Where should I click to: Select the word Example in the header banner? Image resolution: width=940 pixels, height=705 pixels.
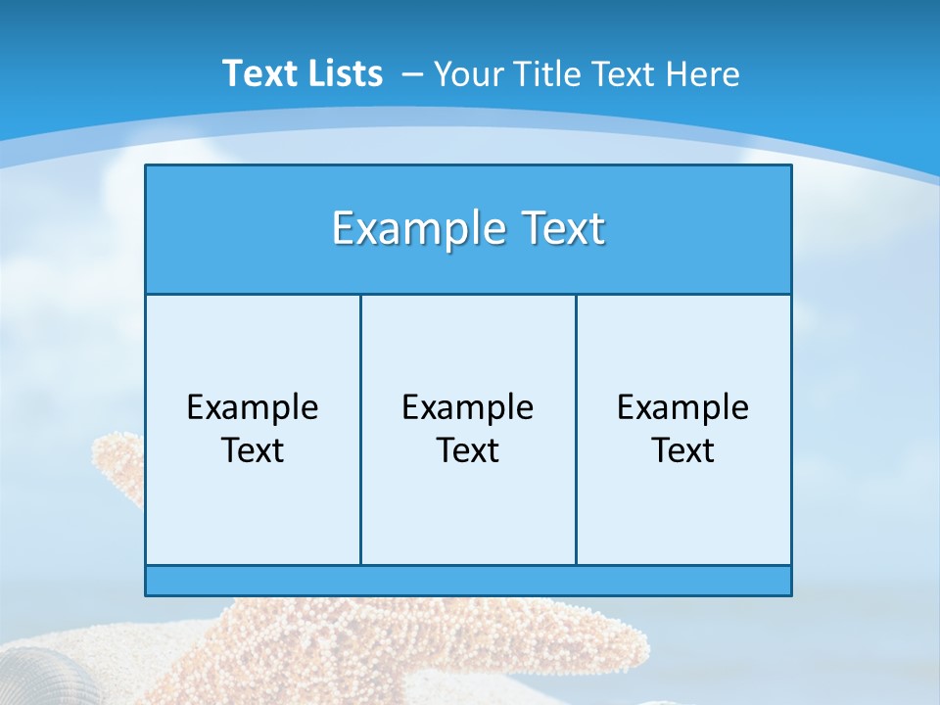point(410,229)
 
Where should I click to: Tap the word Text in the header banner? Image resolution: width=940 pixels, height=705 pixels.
point(556,229)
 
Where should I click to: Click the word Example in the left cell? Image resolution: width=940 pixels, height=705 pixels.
point(253,407)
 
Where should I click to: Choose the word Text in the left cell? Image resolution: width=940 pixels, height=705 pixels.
point(253,450)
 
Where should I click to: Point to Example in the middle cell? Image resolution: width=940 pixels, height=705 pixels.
point(468,407)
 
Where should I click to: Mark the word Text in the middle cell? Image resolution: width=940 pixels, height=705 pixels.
point(468,450)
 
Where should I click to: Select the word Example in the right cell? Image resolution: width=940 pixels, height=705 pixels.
point(683,407)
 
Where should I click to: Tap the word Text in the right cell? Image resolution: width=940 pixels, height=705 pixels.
point(683,450)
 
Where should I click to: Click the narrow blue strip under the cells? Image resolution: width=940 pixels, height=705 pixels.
point(468,581)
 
